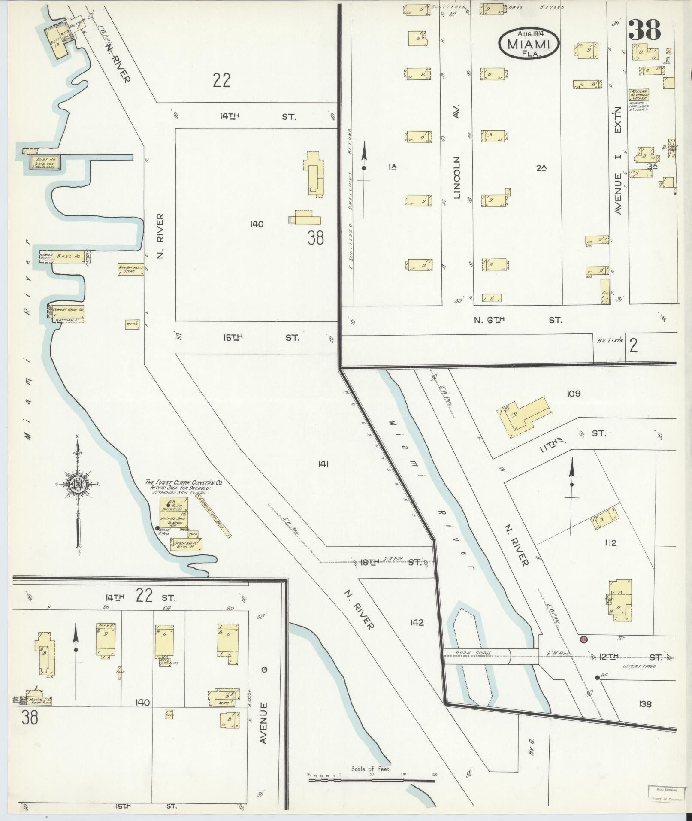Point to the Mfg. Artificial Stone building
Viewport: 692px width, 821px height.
coord(130,270)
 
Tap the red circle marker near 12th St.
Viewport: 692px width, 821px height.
coord(583,640)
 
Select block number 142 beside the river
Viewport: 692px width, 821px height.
coord(417,622)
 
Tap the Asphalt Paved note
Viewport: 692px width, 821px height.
coord(639,666)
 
